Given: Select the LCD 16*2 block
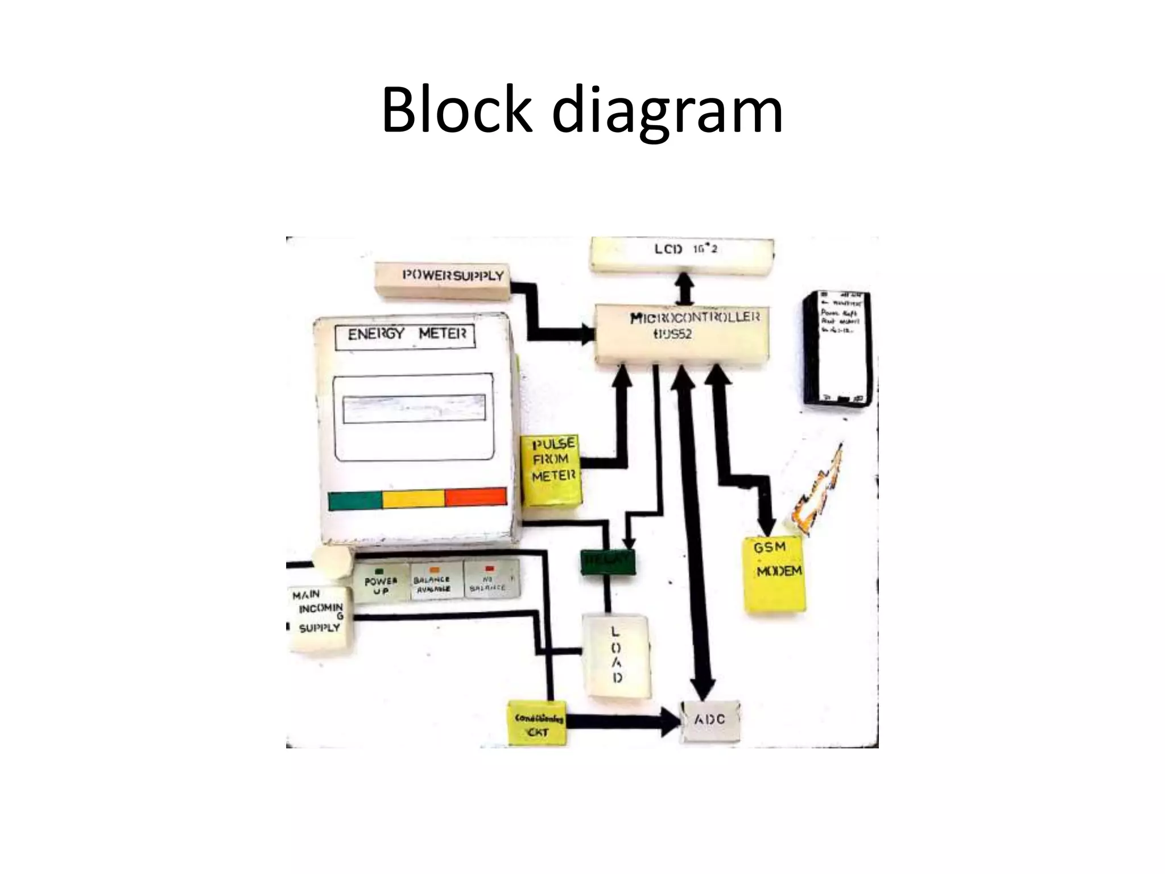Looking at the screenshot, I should click(x=683, y=254).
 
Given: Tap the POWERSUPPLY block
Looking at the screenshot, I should click(x=444, y=279).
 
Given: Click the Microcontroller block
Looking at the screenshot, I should click(x=683, y=333).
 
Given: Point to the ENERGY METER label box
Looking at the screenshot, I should click(x=404, y=336).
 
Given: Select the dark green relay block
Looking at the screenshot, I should click(x=608, y=562).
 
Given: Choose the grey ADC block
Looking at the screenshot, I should click(x=710, y=721).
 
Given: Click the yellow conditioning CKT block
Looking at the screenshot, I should click(x=538, y=724).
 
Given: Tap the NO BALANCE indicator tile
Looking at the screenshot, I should click(x=490, y=580).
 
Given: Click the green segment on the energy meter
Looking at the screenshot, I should click(x=355, y=500).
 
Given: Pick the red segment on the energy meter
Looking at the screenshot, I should click(x=476, y=496).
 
